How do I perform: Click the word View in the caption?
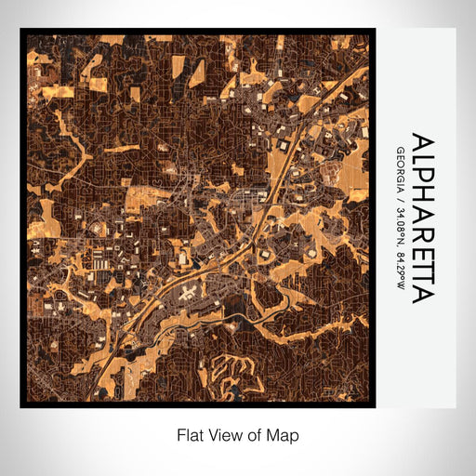(x=224, y=434)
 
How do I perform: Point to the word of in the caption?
(x=255, y=434)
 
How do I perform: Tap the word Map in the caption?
(x=283, y=434)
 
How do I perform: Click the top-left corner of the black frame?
(x=21, y=30)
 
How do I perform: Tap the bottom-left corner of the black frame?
(x=21, y=406)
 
